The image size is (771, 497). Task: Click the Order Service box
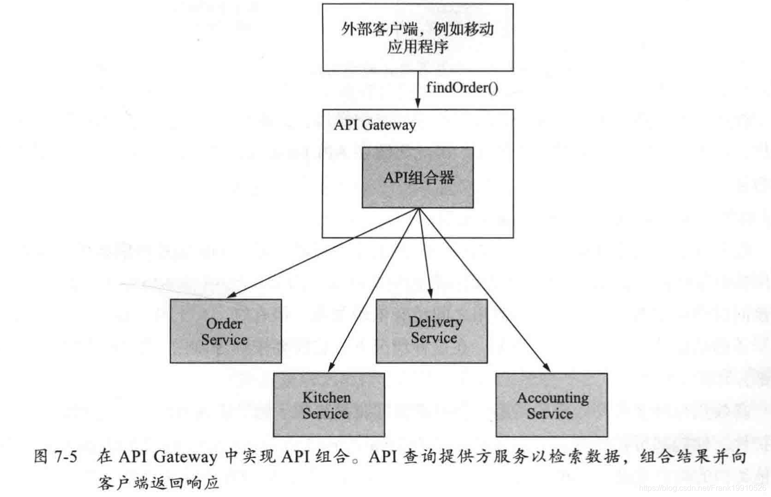226,331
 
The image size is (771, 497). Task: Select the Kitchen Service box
329,405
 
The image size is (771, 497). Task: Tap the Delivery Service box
431,331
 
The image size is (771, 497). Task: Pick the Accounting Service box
552,405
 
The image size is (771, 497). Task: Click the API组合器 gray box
418,177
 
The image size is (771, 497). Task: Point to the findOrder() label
462,88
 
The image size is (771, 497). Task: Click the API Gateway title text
375,125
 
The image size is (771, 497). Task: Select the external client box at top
418,38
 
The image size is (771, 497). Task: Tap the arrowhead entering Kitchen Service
331,367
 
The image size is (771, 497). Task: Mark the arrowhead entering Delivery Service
430,294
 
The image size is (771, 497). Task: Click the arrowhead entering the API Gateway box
418,103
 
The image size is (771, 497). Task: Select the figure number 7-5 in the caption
66,456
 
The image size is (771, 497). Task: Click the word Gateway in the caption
185,456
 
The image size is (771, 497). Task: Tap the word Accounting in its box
553,398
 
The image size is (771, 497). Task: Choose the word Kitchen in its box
327,397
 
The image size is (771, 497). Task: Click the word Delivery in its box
435,322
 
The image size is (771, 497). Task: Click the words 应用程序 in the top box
418,47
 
